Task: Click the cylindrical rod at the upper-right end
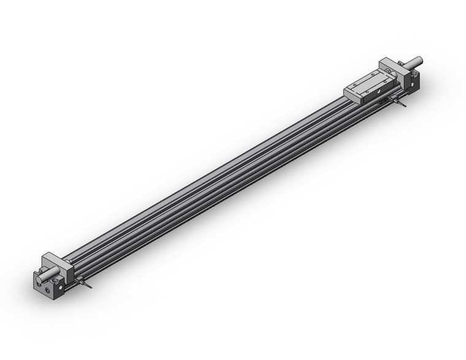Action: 413,62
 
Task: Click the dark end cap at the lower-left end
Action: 47,283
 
